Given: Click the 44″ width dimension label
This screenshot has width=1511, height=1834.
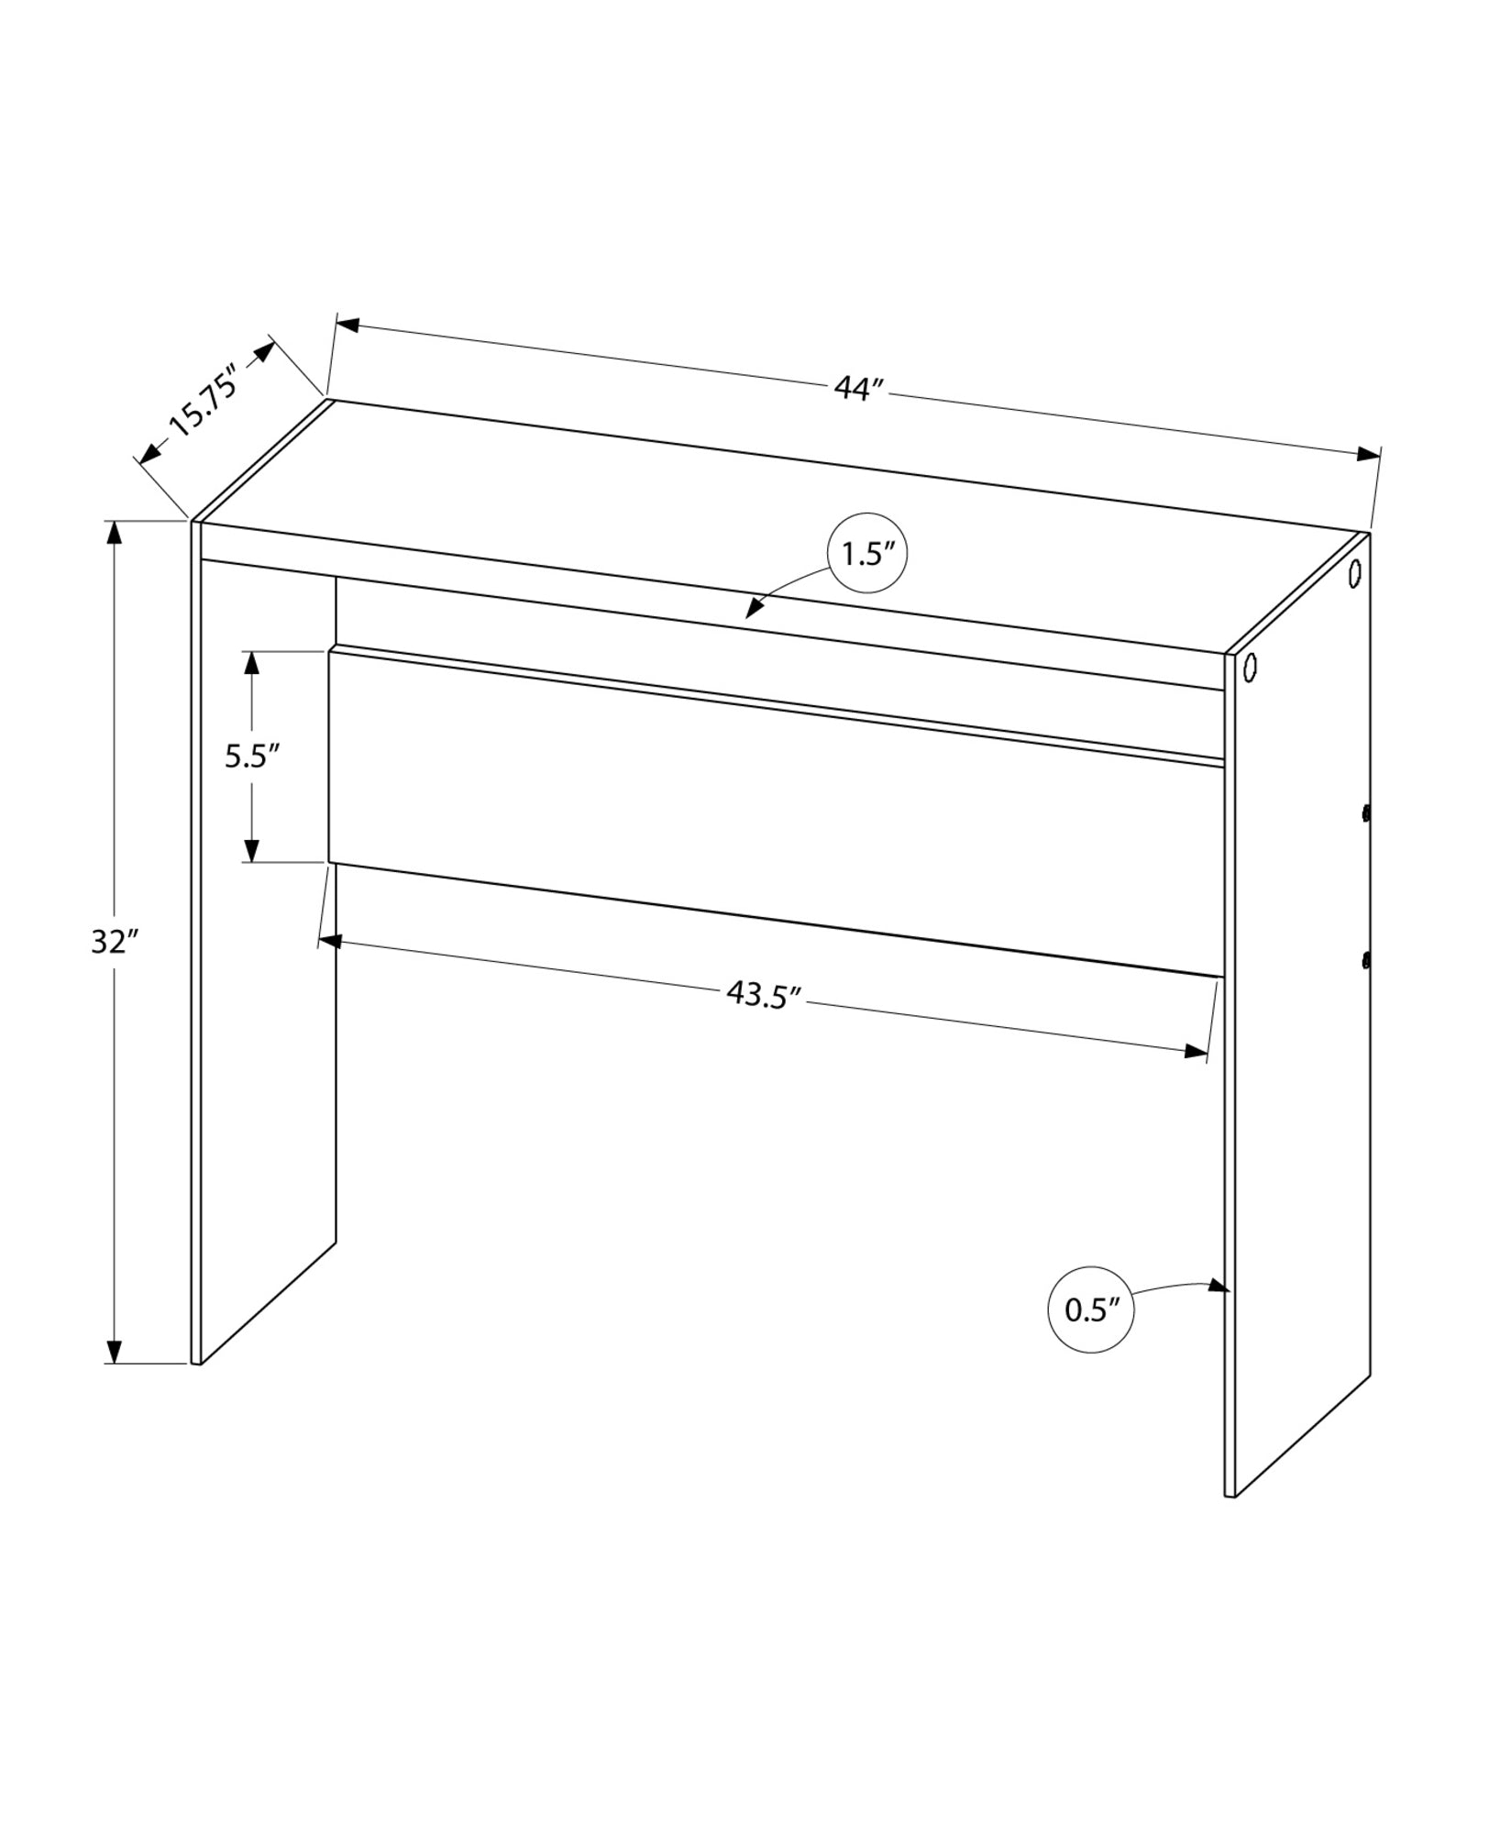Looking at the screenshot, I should [859, 389].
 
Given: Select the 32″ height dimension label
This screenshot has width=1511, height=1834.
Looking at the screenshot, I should [114, 942].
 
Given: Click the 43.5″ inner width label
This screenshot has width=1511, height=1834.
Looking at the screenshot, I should [765, 994].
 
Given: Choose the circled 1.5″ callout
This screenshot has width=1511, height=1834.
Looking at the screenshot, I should [867, 554].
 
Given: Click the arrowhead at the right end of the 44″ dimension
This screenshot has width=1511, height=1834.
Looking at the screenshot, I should [1370, 454].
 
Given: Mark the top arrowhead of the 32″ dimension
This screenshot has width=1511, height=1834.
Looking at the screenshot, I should [114, 533].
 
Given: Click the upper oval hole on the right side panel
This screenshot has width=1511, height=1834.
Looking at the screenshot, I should [1354, 575].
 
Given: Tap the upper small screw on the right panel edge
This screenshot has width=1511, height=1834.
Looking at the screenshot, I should [1365, 812].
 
